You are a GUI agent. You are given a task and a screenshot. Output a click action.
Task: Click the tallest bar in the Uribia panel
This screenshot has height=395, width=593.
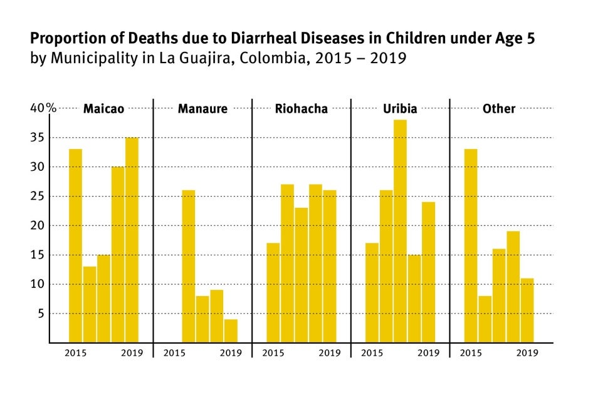400,231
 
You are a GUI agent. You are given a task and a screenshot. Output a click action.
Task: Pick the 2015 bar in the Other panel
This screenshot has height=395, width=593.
470,245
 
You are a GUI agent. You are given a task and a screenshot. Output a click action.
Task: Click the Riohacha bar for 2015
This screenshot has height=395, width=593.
273,292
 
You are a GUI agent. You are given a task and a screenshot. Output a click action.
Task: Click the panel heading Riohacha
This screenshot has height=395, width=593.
302,109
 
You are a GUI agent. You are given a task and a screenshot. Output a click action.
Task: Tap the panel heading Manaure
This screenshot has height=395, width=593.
202,109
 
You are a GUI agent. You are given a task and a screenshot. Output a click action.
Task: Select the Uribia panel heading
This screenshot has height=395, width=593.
400,109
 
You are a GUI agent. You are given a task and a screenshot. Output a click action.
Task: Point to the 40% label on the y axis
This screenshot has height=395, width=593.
43,108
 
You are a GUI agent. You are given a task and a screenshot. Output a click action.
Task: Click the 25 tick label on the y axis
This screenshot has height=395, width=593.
38,196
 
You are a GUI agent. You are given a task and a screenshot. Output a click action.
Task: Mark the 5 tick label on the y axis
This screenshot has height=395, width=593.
42,314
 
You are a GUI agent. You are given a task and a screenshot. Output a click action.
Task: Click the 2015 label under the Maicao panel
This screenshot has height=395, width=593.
75,353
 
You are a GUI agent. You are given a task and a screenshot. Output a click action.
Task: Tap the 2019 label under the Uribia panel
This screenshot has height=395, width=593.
429,353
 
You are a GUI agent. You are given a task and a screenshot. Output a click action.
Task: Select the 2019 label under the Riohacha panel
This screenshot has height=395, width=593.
330,353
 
